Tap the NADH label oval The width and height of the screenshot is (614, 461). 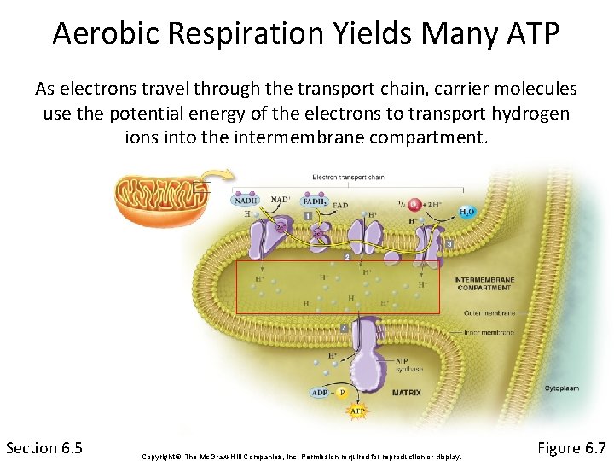tap(246, 201)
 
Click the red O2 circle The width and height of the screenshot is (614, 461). tap(415, 203)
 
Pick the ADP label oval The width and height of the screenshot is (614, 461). tap(320, 393)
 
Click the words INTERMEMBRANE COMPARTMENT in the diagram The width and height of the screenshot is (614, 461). tap(483, 283)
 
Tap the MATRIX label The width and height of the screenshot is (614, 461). tap(406, 394)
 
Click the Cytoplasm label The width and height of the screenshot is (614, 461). tap(561, 388)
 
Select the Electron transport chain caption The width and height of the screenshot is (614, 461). tap(348, 178)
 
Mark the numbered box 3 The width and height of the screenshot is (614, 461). tap(449, 245)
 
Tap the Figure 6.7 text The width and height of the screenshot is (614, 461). tap(571, 447)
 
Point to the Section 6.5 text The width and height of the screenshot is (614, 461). tap(44, 447)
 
